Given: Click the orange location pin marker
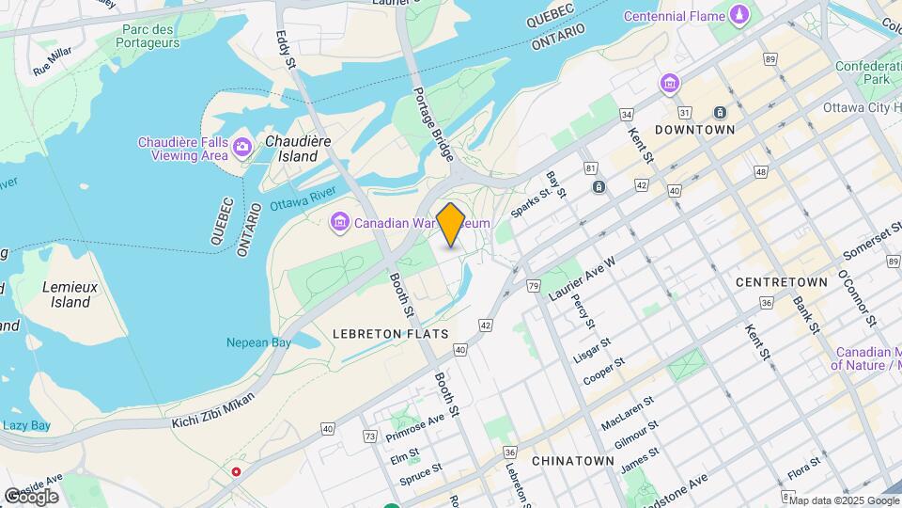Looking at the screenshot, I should pyautogui.click(x=451, y=224).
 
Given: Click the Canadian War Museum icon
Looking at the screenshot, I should pyautogui.click(x=340, y=223).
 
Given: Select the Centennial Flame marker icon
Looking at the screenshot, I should pyautogui.click(x=739, y=16).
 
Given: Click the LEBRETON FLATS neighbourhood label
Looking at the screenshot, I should pyautogui.click(x=389, y=334).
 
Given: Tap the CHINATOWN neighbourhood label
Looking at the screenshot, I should pyautogui.click(x=572, y=461).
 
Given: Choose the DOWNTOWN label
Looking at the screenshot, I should pyautogui.click(x=694, y=129).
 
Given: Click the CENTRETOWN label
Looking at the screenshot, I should pyautogui.click(x=781, y=282).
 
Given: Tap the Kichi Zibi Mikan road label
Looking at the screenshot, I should pyautogui.click(x=212, y=409).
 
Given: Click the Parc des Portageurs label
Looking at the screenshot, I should pyautogui.click(x=150, y=36).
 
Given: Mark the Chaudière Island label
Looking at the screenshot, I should pyautogui.click(x=298, y=149).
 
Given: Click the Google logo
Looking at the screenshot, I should pyautogui.click(x=31, y=496).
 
